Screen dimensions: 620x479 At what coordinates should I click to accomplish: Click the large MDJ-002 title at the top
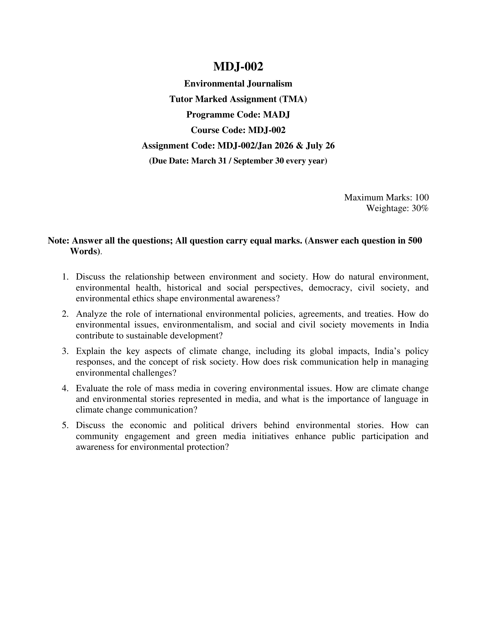[x=238, y=67]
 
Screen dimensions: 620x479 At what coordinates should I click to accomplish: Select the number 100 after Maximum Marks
[x=422, y=197]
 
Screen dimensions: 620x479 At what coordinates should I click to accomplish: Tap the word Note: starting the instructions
[x=58, y=241]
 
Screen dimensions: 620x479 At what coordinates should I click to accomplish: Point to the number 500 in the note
[x=414, y=241]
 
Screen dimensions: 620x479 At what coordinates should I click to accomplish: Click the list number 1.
[x=65, y=276]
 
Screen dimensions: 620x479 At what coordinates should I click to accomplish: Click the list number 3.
[x=65, y=351]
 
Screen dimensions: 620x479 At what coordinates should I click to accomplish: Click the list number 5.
[x=65, y=425]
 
